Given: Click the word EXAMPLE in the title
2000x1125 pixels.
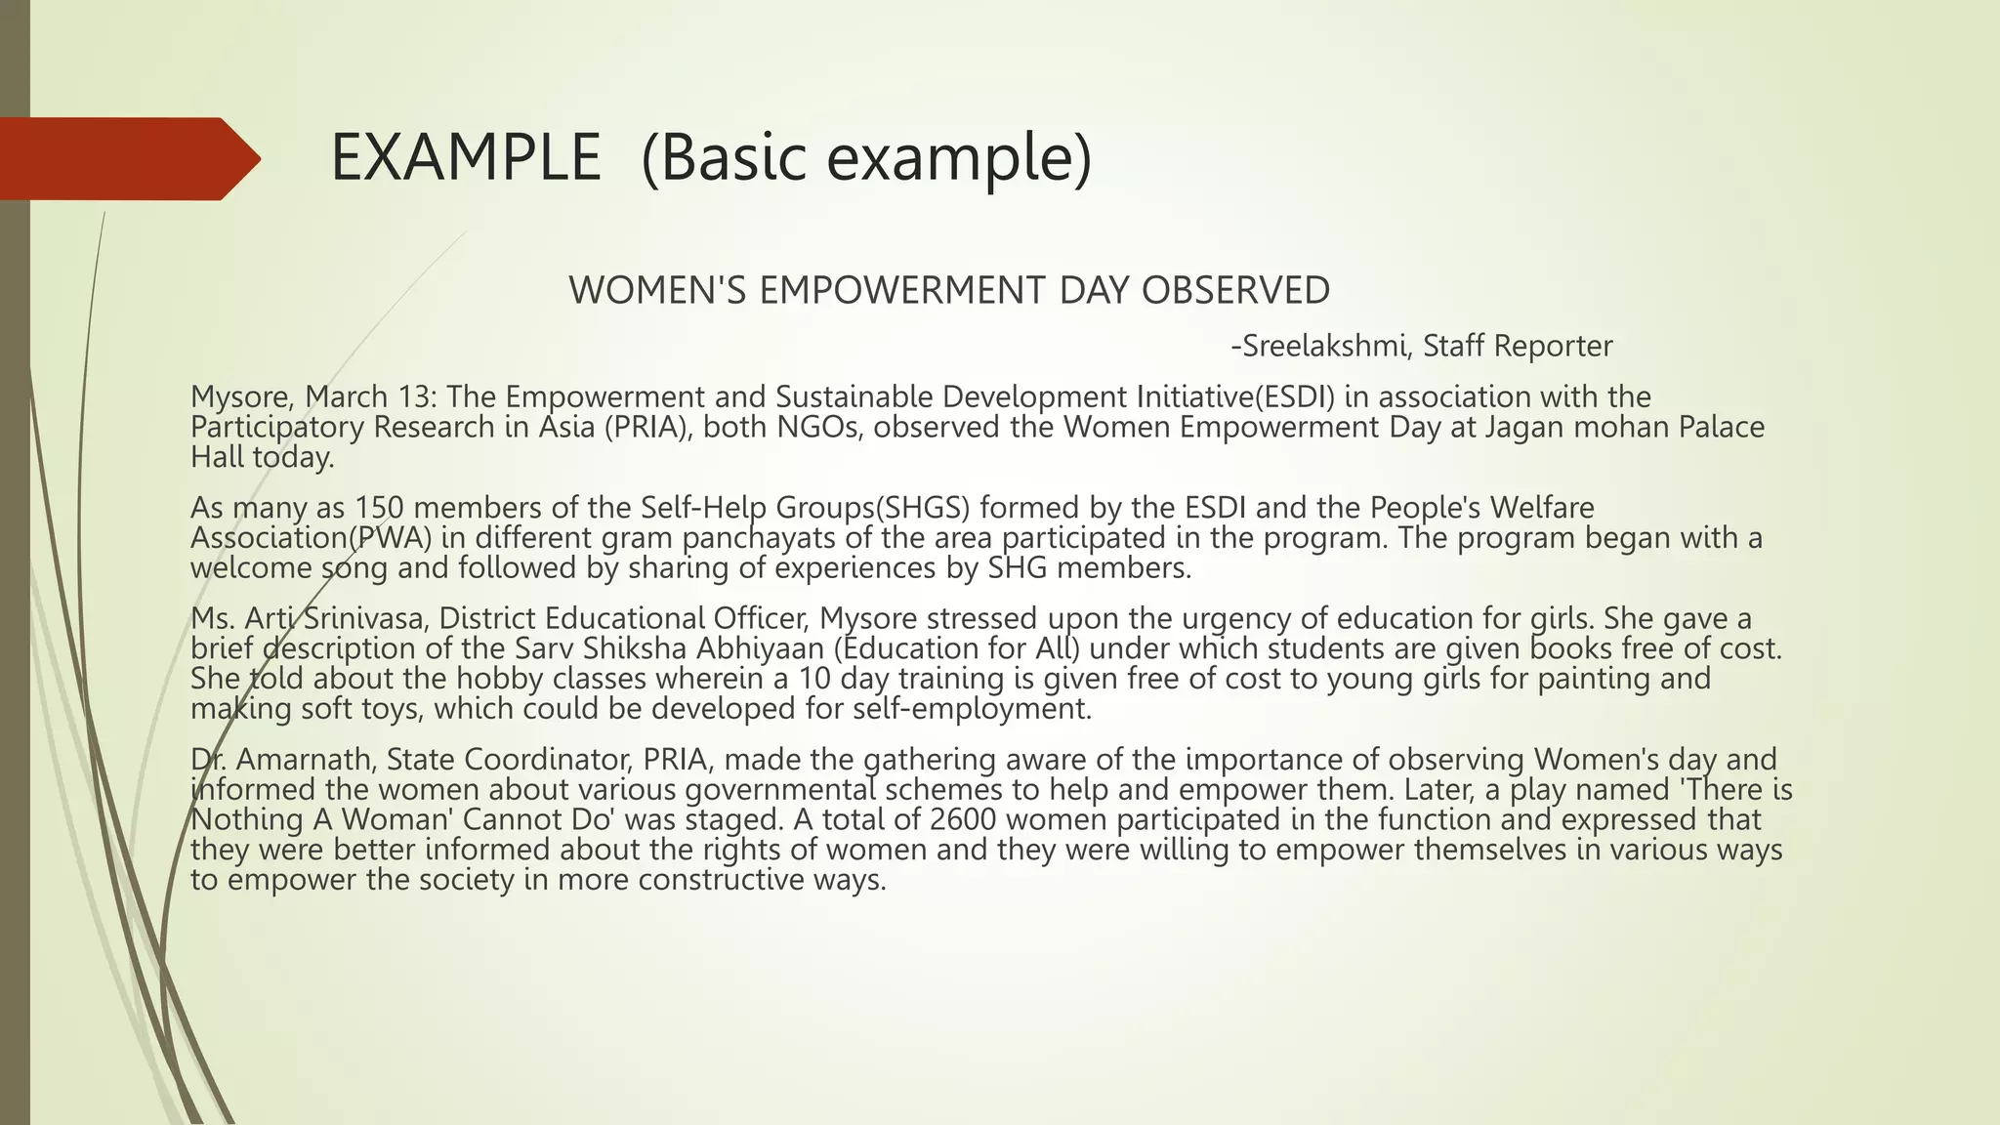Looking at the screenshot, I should coord(466,158).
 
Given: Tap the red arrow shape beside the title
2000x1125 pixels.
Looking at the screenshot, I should coord(127,159).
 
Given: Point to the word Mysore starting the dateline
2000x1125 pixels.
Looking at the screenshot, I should coord(242,397).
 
